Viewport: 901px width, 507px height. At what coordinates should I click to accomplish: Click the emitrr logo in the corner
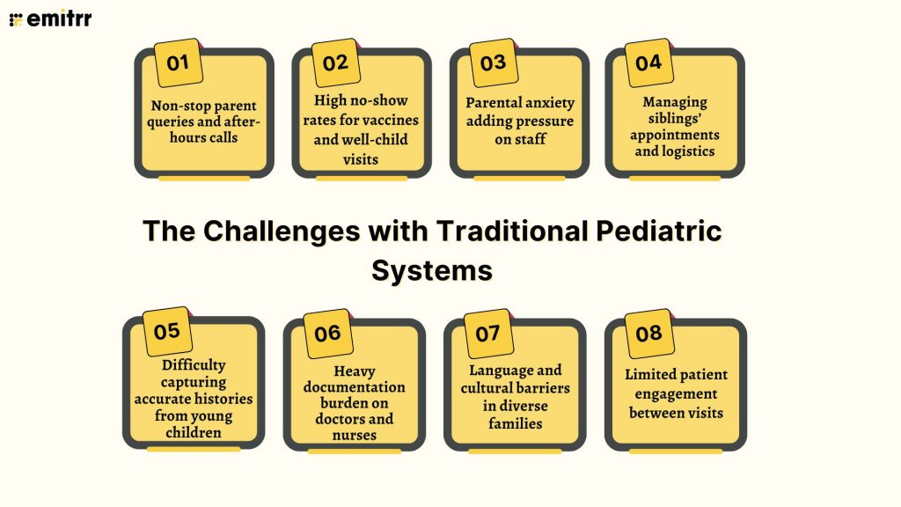coord(50,18)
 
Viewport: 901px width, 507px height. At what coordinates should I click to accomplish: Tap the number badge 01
coord(178,63)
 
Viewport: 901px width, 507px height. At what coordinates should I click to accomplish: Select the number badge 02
coord(335,63)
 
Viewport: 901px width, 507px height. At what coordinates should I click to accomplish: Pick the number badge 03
coord(493,63)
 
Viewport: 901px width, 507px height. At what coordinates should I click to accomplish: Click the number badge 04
coord(648,63)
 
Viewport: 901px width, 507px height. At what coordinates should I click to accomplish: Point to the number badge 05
coord(166,332)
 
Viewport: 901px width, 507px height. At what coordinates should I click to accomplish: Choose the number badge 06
coord(327,334)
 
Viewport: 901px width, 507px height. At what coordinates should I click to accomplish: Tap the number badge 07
coord(487,334)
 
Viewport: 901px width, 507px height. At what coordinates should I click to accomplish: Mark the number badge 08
coord(648,334)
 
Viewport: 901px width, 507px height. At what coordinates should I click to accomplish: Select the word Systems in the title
coord(431,270)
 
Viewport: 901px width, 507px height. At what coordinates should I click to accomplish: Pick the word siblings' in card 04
coord(675,119)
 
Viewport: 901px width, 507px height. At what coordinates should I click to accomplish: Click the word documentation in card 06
coord(355,387)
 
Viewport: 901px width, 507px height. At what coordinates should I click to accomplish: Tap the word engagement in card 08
coord(676,393)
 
